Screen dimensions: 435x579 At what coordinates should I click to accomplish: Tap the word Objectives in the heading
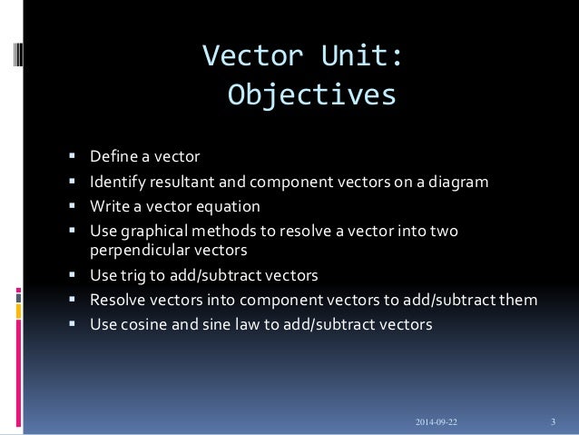click(311, 94)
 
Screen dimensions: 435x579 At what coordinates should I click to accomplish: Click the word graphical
click(155, 232)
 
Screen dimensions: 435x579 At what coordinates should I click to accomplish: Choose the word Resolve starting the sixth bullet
click(118, 298)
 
